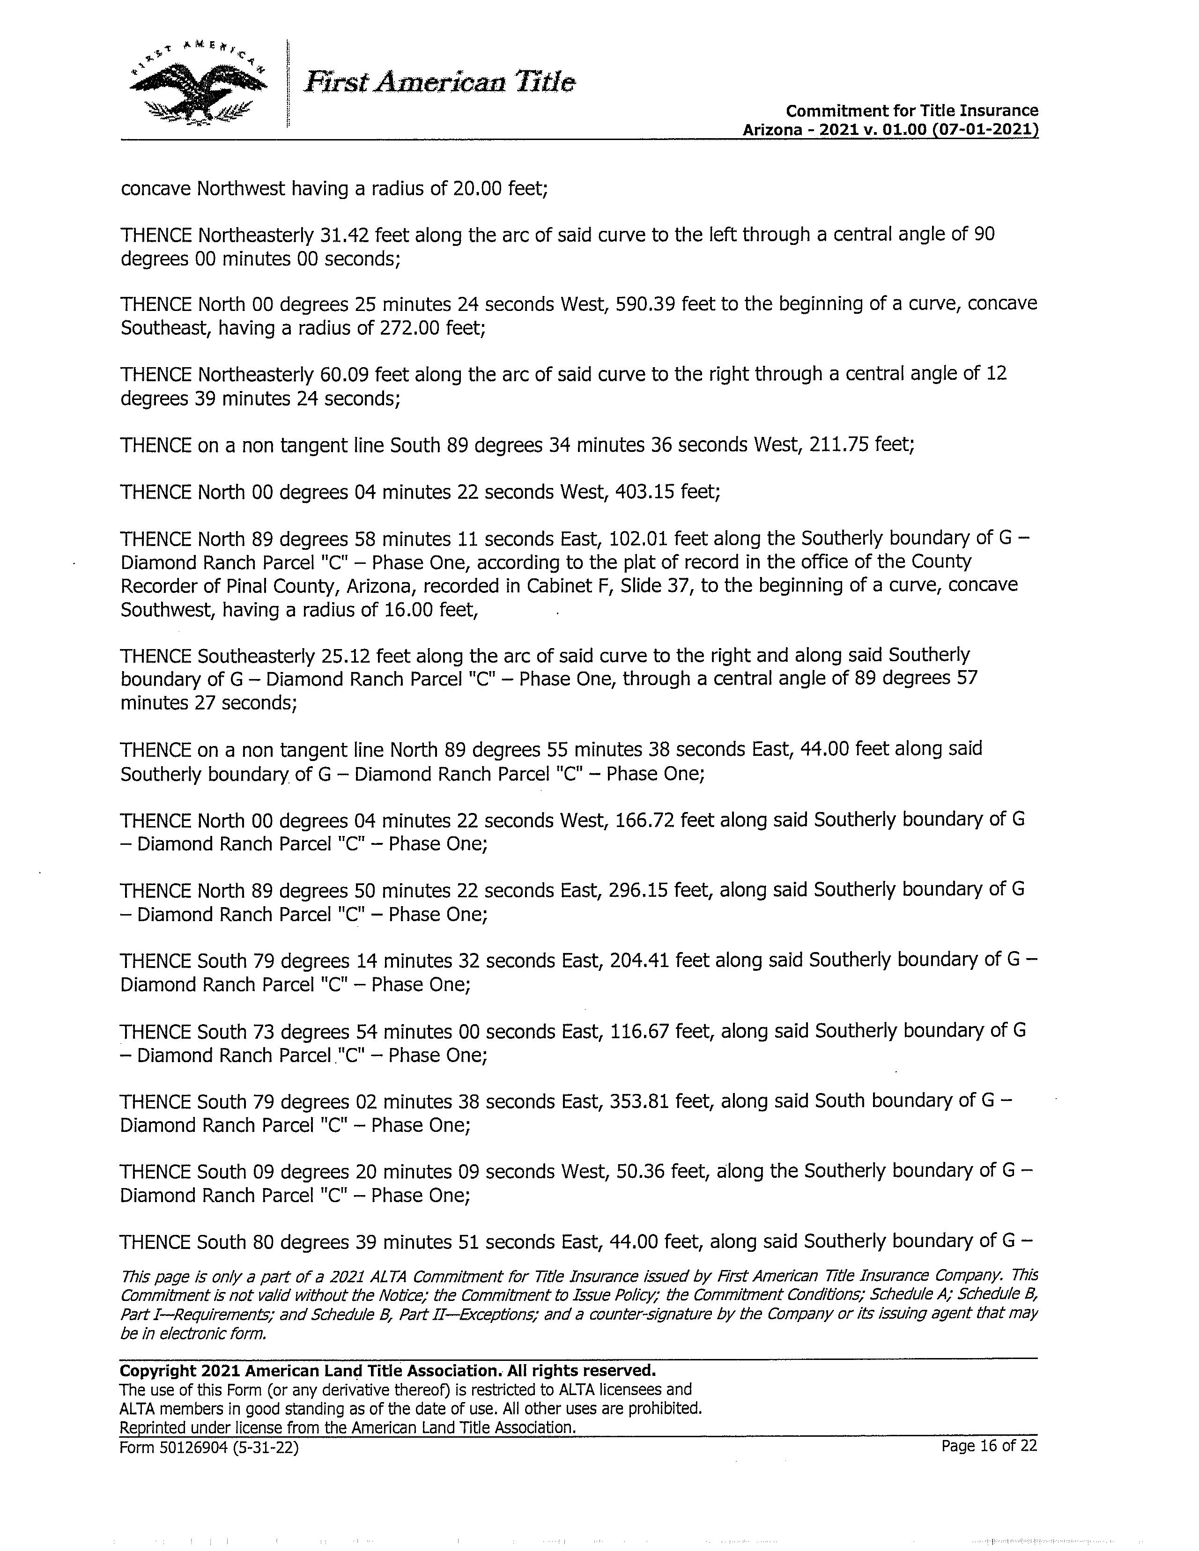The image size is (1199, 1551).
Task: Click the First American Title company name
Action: (439, 82)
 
